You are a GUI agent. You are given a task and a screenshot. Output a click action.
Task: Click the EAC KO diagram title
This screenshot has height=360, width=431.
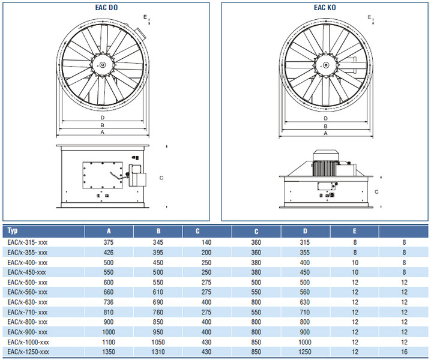point(325,7)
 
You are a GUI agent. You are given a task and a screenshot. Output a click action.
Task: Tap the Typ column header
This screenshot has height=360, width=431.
point(13,230)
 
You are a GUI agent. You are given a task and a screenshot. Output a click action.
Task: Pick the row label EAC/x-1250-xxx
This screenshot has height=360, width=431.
point(28,352)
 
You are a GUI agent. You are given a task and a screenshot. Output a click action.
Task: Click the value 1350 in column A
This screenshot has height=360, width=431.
point(109,352)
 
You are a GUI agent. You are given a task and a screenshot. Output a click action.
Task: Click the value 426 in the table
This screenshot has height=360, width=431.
point(109,252)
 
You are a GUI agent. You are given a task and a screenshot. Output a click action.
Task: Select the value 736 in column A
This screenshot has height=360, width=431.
point(109,302)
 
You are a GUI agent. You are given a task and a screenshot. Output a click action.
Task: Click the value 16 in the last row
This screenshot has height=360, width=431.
point(405,352)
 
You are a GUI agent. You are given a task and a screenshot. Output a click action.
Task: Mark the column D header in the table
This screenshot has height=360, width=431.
point(304,230)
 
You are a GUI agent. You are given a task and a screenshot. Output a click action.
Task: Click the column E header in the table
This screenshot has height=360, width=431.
point(355,230)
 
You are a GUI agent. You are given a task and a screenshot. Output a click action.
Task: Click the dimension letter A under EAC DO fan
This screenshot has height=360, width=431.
point(103,132)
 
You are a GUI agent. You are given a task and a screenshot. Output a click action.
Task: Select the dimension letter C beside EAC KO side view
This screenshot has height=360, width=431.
point(376,192)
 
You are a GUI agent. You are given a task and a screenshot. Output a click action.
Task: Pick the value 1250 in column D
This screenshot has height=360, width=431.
point(305,352)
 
